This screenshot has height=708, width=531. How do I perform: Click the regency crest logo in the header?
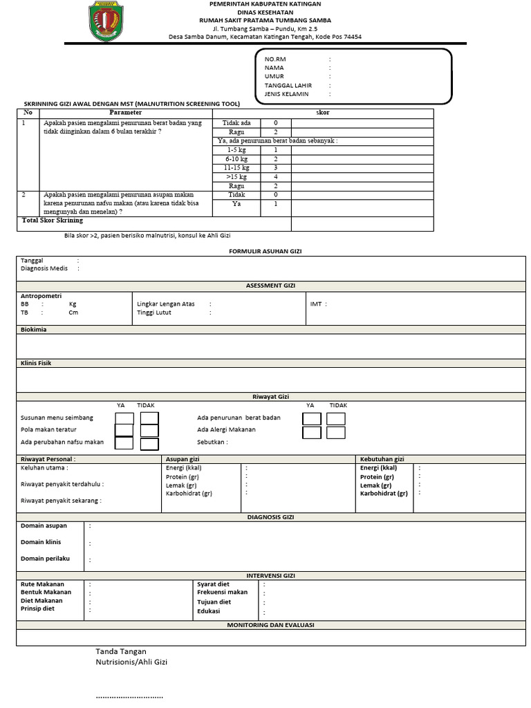(108, 21)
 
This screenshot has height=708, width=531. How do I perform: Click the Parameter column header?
(125, 112)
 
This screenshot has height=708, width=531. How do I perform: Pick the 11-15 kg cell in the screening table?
(236, 167)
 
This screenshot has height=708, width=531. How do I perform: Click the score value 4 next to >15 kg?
(275, 177)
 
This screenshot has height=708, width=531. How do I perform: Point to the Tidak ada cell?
(236, 122)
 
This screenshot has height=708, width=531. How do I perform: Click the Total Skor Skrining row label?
(53, 221)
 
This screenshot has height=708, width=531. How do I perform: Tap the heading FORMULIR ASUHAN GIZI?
(265, 252)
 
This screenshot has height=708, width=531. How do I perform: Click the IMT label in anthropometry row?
(317, 304)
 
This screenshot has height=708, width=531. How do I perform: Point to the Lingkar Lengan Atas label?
(166, 304)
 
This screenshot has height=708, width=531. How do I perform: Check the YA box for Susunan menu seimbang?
(124, 418)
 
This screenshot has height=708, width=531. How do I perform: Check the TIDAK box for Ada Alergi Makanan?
(336, 432)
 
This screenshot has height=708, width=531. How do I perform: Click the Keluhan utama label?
(44, 468)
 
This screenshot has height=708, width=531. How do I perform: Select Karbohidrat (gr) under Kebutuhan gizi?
(384, 494)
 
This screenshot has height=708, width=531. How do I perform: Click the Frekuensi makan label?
(222, 593)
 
